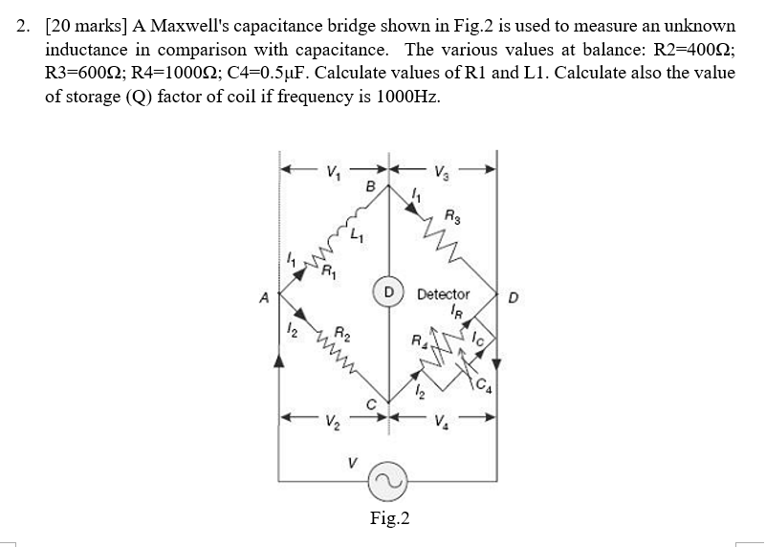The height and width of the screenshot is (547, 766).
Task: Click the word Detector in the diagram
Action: point(444,295)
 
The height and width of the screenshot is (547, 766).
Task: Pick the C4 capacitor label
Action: point(487,386)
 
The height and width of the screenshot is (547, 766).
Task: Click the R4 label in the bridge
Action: point(417,339)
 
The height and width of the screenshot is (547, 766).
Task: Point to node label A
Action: point(263,295)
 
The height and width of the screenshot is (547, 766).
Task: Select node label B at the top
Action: point(370,187)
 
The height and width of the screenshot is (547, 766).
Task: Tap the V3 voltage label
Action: point(440,173)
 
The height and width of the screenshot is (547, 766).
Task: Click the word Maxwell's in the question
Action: point(185,26)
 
